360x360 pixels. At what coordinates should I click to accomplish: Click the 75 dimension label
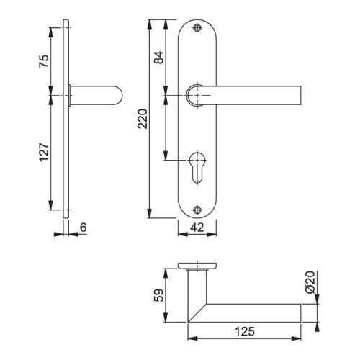44,61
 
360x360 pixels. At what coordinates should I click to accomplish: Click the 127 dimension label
45,153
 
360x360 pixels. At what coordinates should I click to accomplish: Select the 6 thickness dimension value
83,227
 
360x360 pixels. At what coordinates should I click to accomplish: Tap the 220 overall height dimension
143,119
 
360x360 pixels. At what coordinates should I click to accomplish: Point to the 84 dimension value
158,58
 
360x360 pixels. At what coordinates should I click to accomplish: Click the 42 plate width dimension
197,227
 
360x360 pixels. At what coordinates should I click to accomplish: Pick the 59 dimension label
158,295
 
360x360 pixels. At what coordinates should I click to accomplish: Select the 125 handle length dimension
244,331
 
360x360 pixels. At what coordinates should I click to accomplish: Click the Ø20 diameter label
310,282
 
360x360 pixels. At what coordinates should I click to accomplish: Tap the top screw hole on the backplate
197,28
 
